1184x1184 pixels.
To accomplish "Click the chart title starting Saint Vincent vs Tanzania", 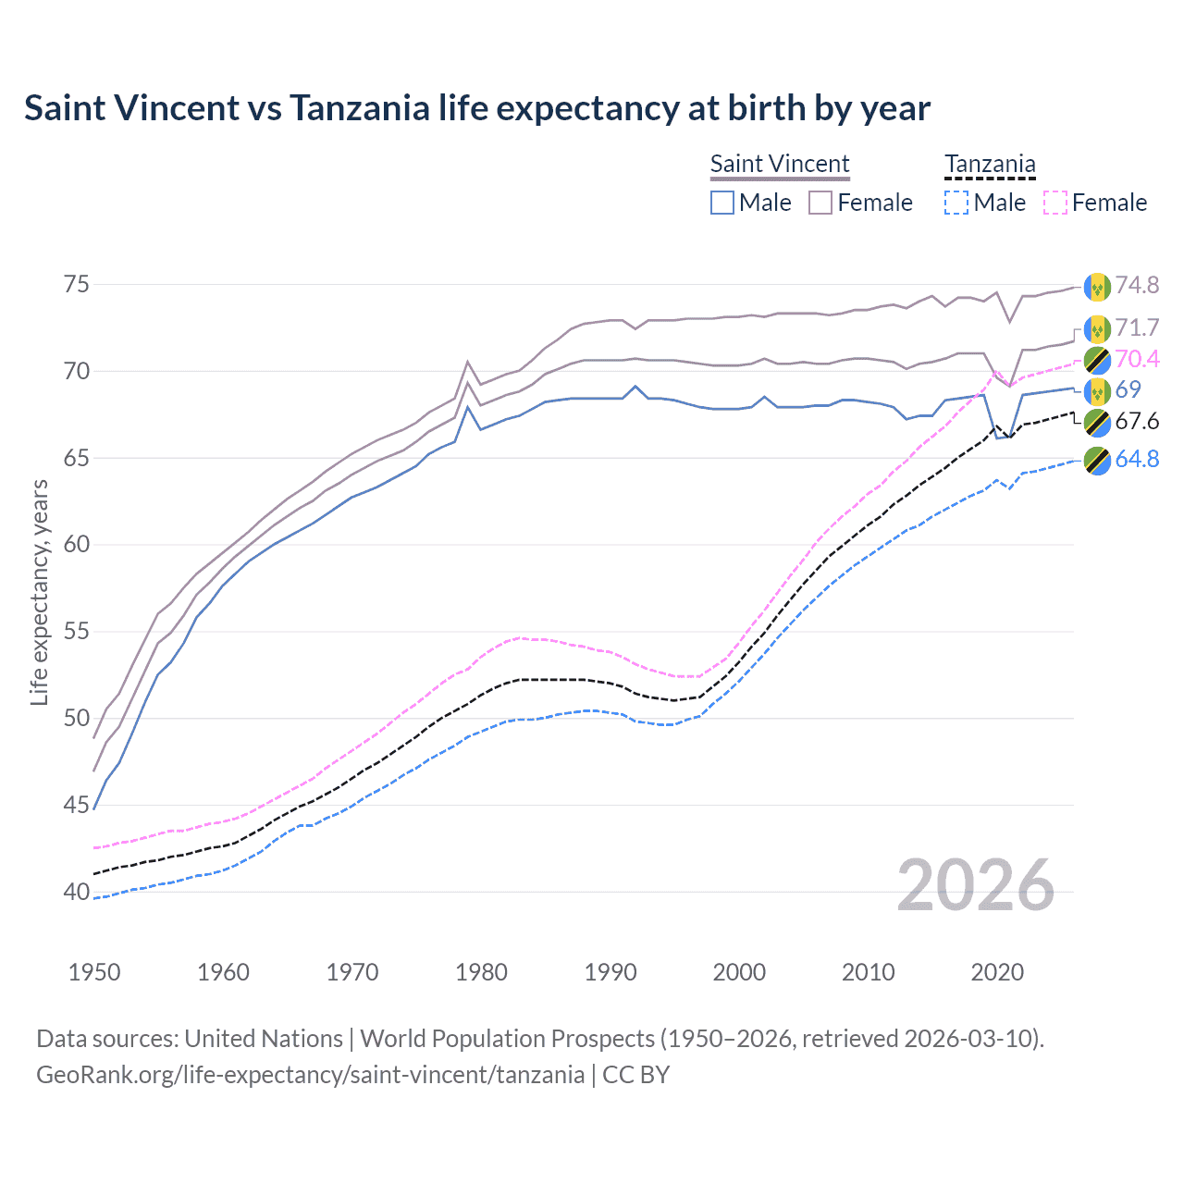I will [476, 108].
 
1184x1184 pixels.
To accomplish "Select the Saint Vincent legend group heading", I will [780, 164].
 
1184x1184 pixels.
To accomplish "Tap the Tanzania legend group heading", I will [990, 165].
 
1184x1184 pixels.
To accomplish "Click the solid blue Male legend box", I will [722, 203].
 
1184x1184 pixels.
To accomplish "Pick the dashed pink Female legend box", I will [1055, 203].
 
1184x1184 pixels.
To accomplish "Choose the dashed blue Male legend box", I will [956, 203].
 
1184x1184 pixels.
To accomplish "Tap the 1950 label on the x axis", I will [94, 972].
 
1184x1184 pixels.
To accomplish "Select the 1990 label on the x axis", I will [610, 972].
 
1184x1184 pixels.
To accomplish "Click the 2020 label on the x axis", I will [997, 972].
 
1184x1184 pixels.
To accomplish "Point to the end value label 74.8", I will [1137, 285].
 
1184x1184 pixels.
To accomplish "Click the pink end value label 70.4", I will [1137, 359].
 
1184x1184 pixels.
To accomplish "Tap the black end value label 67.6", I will [1137, 422].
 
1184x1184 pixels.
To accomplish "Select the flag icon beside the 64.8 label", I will [1097, 460].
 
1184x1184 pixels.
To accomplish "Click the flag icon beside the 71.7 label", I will [1097, 328].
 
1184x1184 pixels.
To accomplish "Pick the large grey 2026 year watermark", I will [976, 885].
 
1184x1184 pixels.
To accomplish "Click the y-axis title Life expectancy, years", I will [39, 592].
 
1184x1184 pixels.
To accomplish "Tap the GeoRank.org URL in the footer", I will [310, 1075].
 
